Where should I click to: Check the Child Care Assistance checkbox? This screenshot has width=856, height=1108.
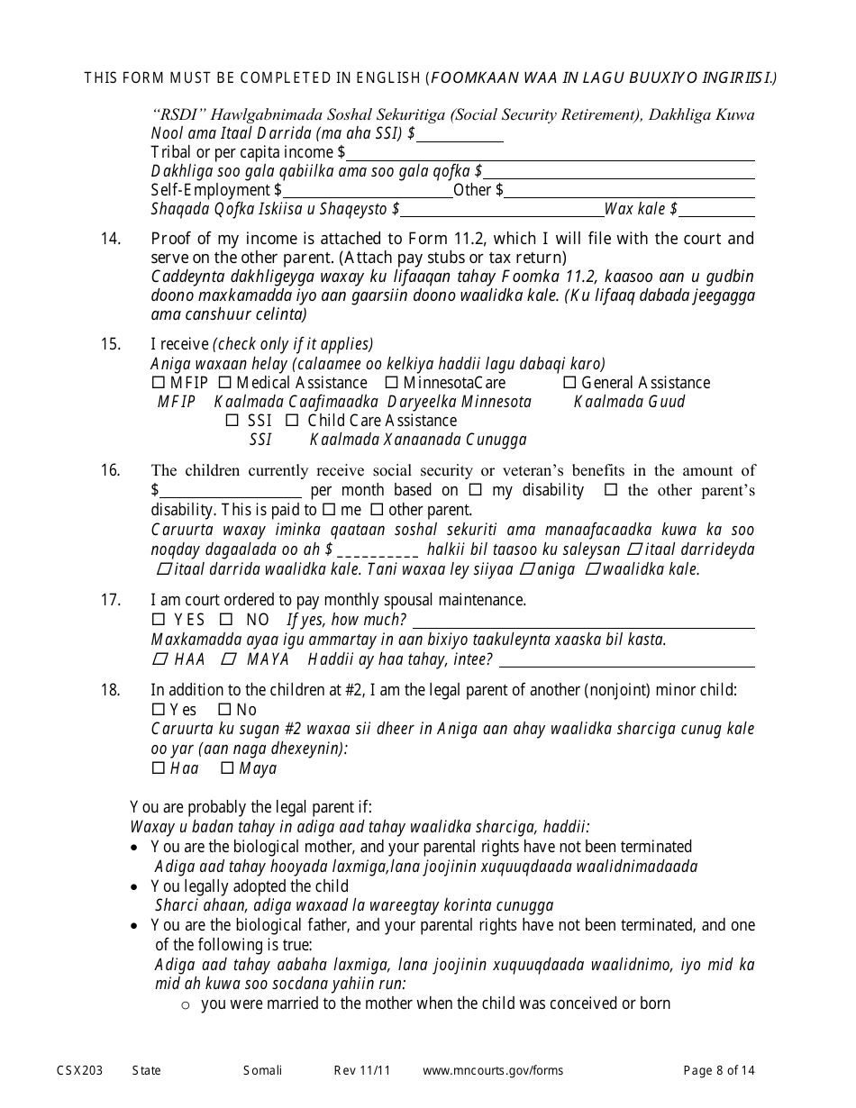292,421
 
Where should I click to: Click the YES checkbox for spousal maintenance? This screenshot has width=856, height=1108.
159,620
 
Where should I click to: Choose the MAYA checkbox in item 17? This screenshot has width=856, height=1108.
230,659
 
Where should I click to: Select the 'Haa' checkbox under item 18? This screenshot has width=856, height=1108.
159,768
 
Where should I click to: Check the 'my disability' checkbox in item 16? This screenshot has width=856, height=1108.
476,490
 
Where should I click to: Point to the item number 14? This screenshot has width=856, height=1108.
110,239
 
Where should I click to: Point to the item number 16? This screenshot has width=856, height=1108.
110,470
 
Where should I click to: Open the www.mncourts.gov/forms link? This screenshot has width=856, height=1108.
493,1070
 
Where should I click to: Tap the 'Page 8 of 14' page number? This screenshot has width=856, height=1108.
719,1070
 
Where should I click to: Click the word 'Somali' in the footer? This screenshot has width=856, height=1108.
262,1070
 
